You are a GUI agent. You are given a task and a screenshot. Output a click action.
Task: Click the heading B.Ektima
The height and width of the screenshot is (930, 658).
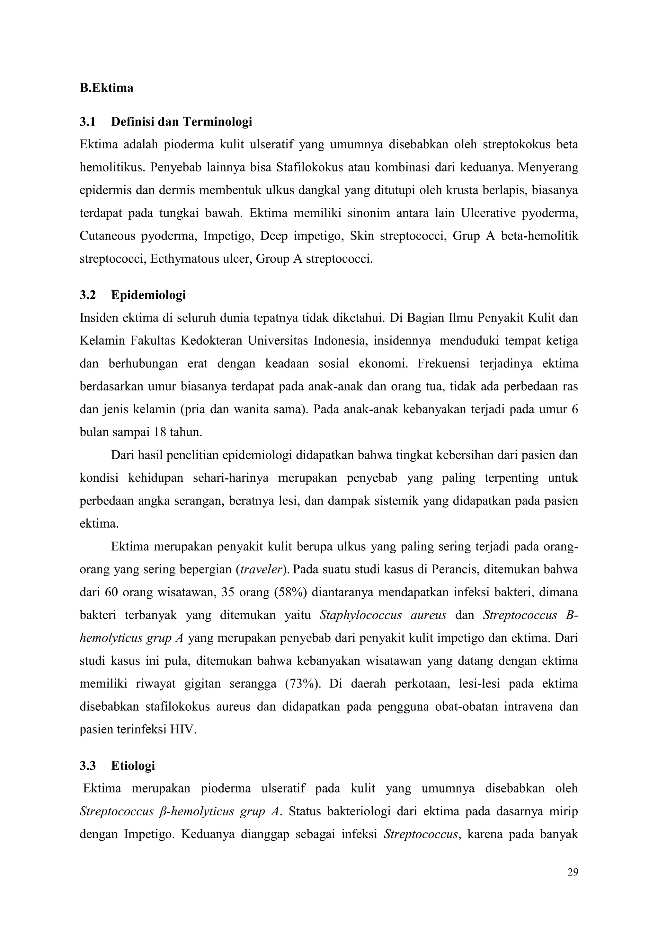click(106, 88)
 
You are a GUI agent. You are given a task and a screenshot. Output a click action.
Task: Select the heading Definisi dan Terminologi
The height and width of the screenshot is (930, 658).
click(181, 121)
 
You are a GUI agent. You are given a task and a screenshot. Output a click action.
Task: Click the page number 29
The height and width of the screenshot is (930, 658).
click(573, 872)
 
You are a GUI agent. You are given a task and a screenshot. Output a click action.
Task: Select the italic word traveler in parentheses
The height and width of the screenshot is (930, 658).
click(261, 569)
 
